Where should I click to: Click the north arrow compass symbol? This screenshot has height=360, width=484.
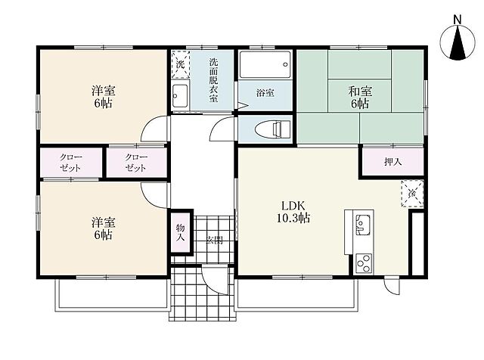(x=457, y=42)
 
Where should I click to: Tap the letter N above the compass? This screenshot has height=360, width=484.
(x=457, y=20)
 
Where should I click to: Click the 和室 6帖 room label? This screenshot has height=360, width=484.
(x=360, y=98)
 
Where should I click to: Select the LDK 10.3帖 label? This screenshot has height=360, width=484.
(x=293, y=212)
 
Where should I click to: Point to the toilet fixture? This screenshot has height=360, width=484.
(x=274, y=129)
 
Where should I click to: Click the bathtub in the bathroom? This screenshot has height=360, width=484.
(x=265, y=64)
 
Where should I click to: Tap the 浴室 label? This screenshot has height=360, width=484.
(x=265, y=93)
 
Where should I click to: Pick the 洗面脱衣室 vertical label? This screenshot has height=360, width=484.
(x=213, y=80)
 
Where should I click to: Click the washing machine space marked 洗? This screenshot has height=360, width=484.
(x=180, y=65)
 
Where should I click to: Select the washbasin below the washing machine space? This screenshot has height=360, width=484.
(x=180, y=96)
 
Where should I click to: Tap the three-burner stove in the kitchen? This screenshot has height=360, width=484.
(x=363, y=263)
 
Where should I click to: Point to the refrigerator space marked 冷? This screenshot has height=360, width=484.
(x=412, y=194)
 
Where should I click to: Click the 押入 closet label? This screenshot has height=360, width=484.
(x=393, y=162)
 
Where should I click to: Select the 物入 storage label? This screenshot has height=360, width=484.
(x=181, y=233)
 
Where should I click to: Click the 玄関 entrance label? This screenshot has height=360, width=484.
(x=215, y=240)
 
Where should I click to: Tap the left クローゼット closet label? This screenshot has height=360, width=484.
(x=71, y=163)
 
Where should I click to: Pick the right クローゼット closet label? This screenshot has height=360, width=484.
(x=136, y=163)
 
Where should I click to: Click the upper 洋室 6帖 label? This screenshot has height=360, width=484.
(x=104, y=97)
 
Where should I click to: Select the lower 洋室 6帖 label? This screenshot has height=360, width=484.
(x=104, y=229)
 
